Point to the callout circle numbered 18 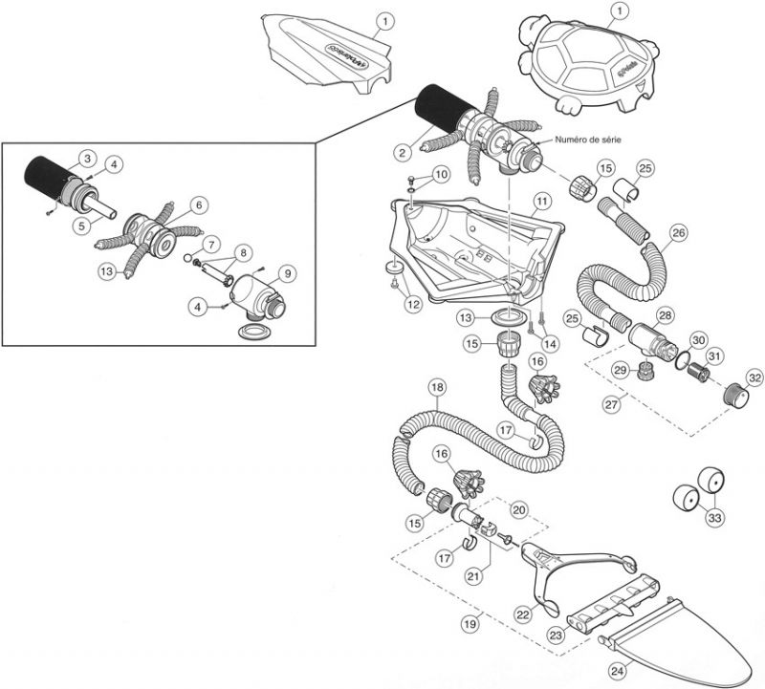(x=437, y=387)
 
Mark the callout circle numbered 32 (x=754, y=378)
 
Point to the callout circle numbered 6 (x=198, y=205)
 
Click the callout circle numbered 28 (x=665, y=315)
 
